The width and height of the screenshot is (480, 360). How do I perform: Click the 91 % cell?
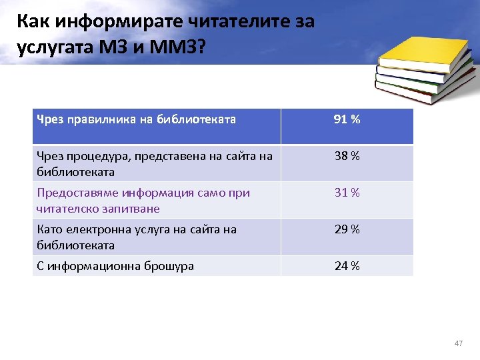tap(347, 120)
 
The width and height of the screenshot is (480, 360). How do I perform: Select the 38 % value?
tap(347, 157)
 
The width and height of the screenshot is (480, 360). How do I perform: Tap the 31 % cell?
tap(347, 193)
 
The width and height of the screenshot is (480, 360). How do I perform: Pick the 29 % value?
tap(347, 230)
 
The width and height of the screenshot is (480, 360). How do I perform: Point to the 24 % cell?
tap(347, 267)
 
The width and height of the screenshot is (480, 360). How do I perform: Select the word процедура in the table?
tap(99, 157)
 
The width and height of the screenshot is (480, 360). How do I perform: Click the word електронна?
tap(99, 230)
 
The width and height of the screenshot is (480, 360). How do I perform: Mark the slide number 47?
tap(458, 343)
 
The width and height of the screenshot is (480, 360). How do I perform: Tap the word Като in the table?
tap(49, 230)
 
